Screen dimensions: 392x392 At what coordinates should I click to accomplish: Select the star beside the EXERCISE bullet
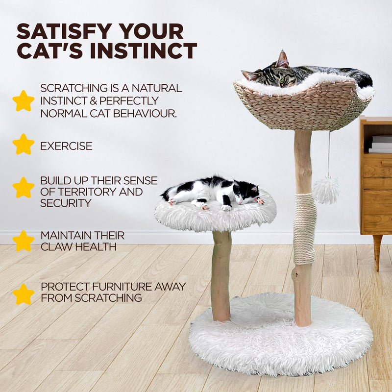click(x=23, y=145)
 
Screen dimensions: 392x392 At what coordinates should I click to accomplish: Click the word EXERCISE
click(x=66, y=146)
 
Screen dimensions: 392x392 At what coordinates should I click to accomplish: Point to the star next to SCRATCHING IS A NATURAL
click(x=23, y=101)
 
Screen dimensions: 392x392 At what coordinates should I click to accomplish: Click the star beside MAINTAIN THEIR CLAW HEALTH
click(x=23, y=241)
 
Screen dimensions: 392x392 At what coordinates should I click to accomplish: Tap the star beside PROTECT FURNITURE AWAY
click(x=23, y=294)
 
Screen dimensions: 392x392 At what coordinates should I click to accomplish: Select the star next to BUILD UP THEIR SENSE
click(x=23, y=188)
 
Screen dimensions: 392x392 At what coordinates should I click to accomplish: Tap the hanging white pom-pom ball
click(x=326, y=191)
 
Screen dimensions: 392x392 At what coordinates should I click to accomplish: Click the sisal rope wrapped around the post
click(x=305, y=228)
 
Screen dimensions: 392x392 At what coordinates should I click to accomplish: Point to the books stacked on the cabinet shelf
click(x=381, y=145)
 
